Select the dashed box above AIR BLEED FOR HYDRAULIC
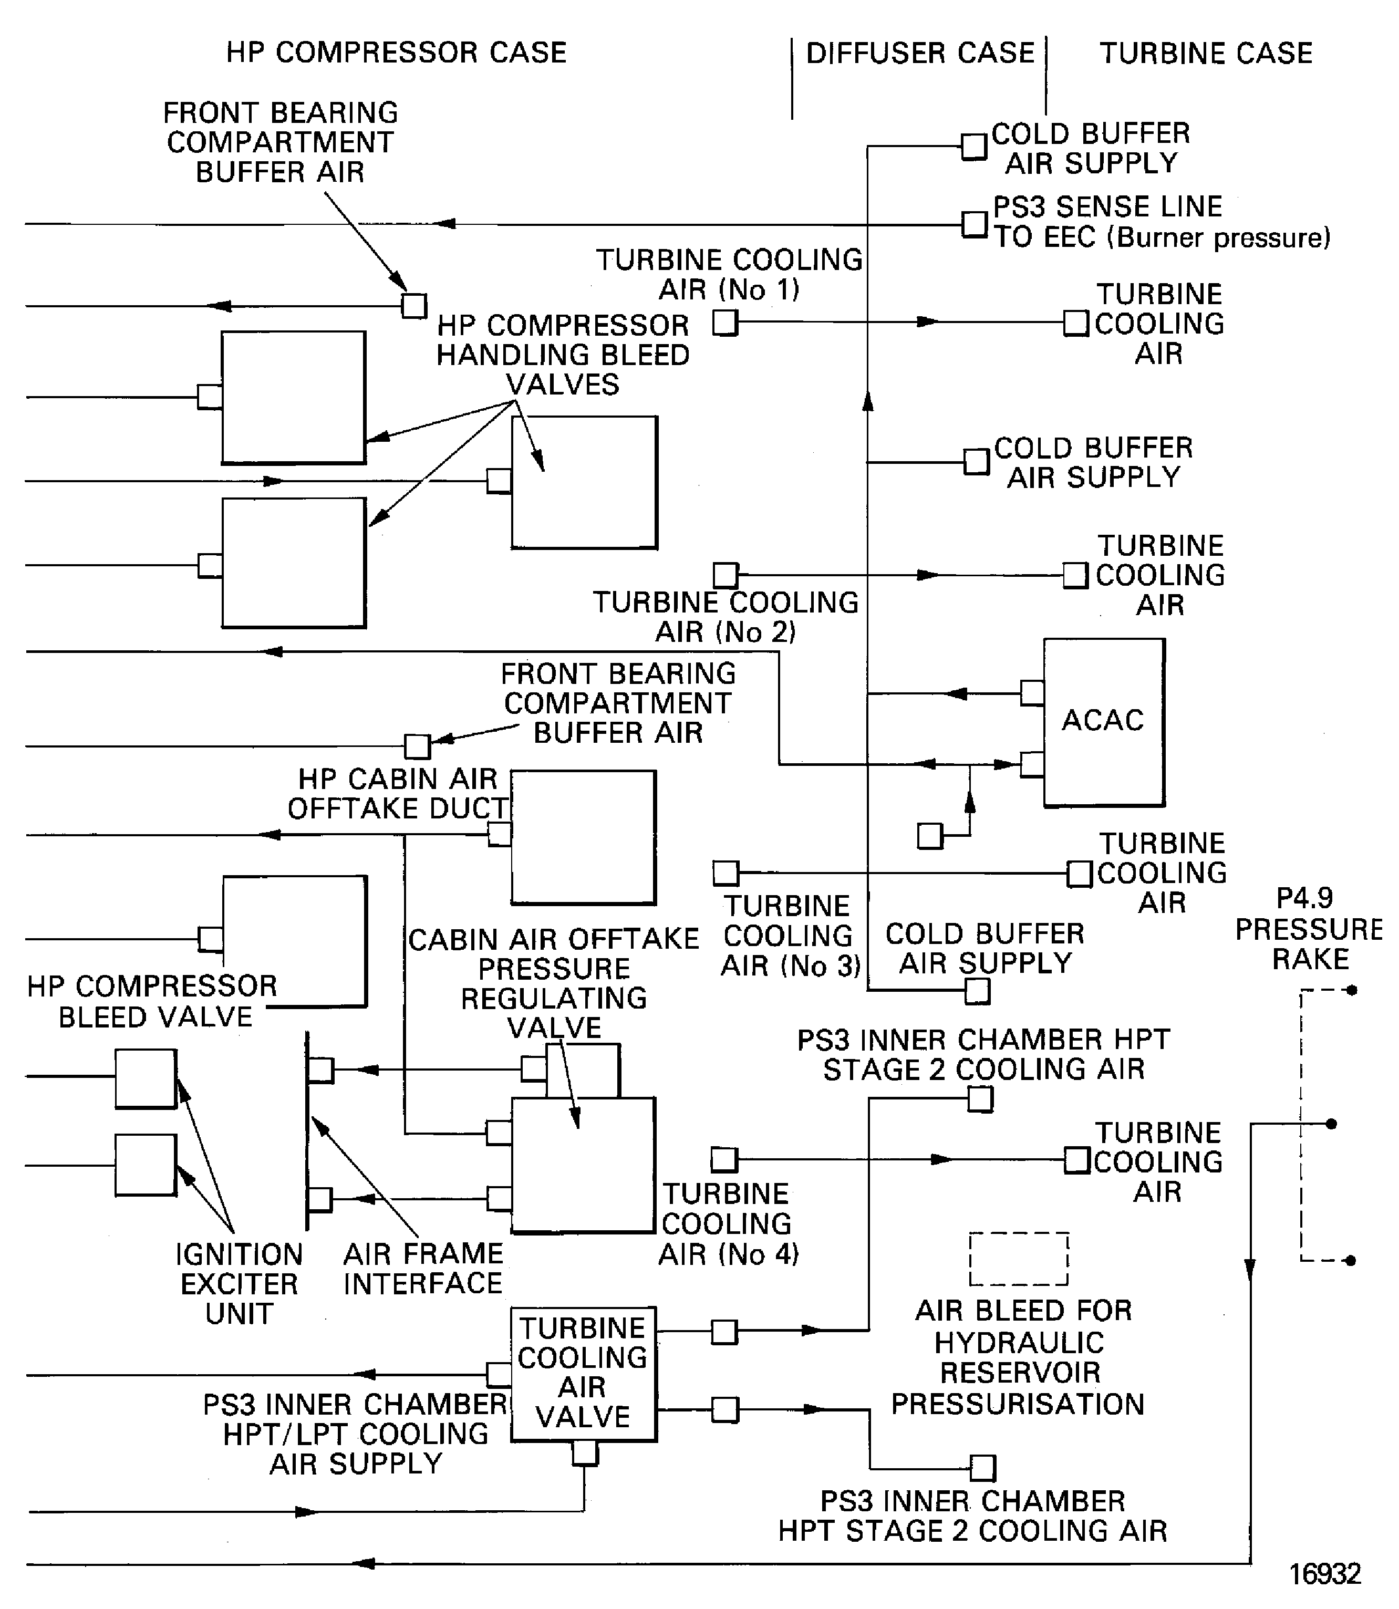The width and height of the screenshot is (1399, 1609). [x=1018, y=1259]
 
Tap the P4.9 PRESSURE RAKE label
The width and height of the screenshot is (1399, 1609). [x=1309, y=929]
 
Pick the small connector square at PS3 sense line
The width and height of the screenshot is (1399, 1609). [x=973, y=225]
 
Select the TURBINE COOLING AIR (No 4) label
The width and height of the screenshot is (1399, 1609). [x=728, y=1223]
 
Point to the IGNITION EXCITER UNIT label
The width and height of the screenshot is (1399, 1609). [x=239, y=1284]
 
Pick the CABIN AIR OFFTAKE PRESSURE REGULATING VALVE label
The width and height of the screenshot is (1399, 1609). [x=554, y=983]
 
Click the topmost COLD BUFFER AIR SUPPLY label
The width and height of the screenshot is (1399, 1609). [x=1090, y=148]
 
